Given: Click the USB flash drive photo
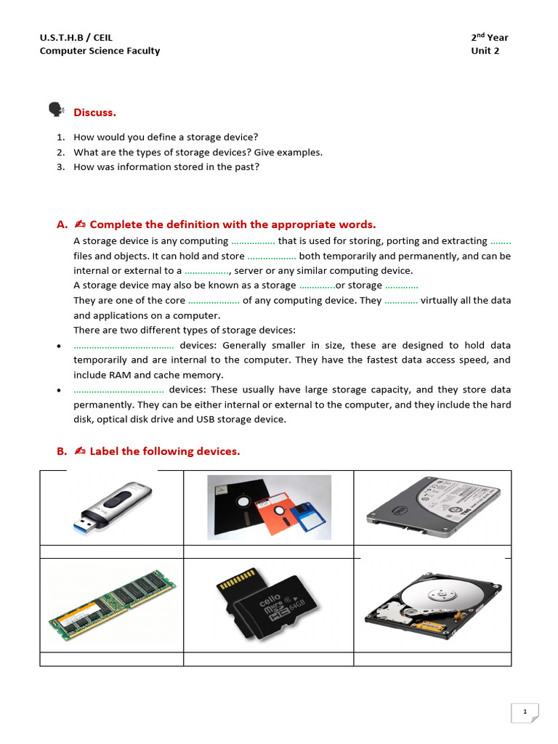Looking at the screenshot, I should coord(112,506).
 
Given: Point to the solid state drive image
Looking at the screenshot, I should coord(432,506).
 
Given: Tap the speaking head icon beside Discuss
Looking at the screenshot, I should coord(56,110).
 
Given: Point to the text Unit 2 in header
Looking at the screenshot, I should coord(485,51).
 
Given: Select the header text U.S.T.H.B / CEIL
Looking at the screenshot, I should coord(76,37).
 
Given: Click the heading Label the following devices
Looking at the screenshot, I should coord(164,451).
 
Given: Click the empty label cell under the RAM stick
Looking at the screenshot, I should coord(112,659).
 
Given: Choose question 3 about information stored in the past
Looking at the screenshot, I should coord(166,166).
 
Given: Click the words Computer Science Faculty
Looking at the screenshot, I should coord(100,51).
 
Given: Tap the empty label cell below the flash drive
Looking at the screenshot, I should coord(112,551).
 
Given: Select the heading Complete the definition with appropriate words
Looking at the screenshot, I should coord(232,225).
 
